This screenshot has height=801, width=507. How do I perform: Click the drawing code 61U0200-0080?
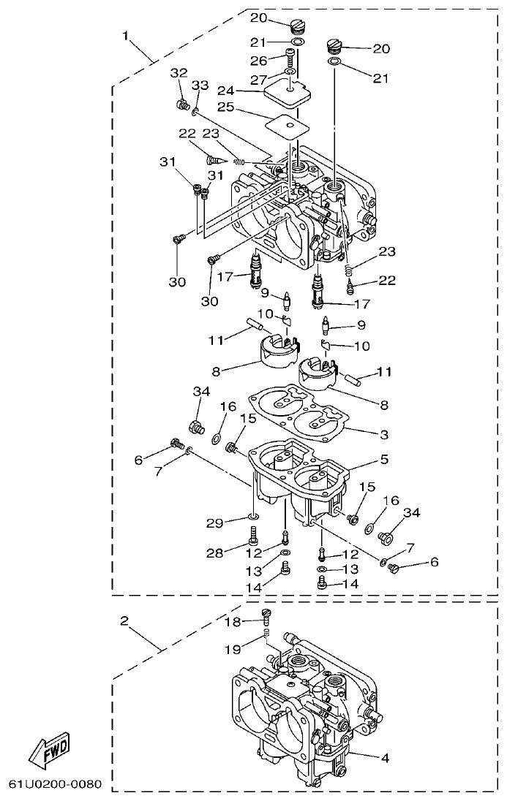click(x=55, y=785)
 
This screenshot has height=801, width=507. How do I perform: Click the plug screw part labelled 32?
click(x=182, y=105)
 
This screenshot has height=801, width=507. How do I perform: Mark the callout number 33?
click(x=200, y=86)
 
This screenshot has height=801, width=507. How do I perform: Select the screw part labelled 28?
click(x=253, y=542)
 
